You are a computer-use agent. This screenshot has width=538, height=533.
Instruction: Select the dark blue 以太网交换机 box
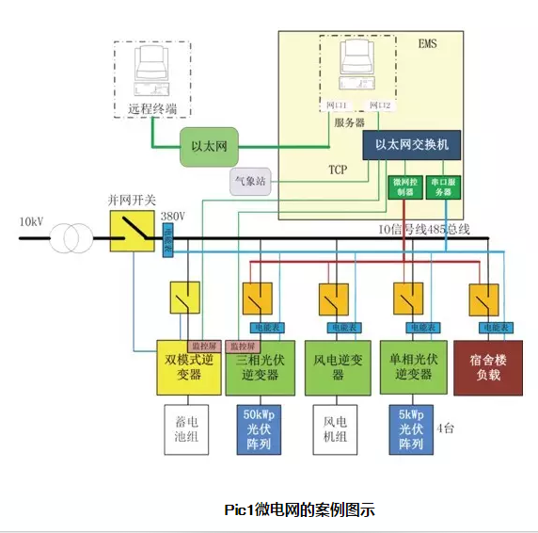411,144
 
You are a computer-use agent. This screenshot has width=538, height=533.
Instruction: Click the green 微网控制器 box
403,186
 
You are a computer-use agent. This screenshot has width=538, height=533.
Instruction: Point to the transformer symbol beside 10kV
67,238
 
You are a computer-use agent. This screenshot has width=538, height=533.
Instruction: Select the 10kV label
31,222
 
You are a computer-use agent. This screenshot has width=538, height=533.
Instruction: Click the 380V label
172,216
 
